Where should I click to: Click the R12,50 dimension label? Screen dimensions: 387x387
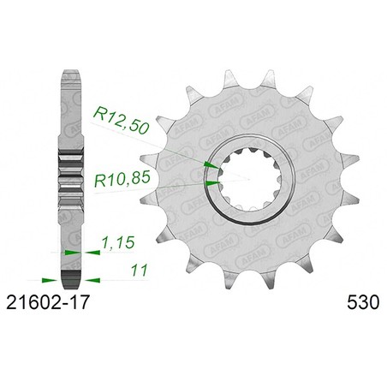click(x=121, y=120)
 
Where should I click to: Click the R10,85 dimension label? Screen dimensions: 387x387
click(x=122, y=179)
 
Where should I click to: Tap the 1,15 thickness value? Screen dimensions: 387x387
click(x=118, y=242)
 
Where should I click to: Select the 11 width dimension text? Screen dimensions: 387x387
click(x=140, y=270)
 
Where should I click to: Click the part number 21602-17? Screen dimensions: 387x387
click(x=48, y=302)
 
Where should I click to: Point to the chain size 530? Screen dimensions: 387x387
click(x=363, y=302)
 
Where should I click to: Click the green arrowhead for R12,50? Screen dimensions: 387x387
click(x=211, y=165)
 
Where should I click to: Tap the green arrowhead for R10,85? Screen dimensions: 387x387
click(x=213, y=183)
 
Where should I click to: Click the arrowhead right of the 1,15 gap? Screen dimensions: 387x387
click(x=92, y=253)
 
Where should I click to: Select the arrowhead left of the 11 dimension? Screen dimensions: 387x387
click(x=49, y=280)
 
